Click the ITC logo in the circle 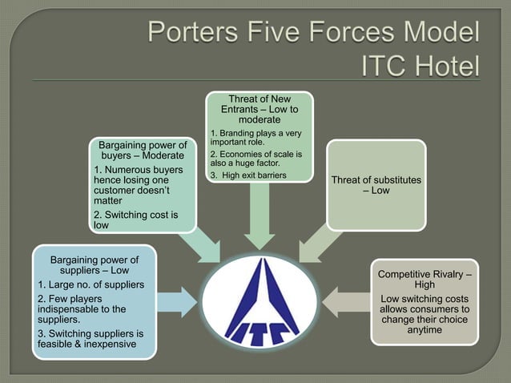point(255,303)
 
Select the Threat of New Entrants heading point(259,109)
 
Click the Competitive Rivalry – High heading point(424,280)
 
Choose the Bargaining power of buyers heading point(143,150)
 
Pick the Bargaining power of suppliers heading point(95,265)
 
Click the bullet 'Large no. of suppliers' point(91,285)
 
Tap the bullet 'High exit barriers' point(247,175)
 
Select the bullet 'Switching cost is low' point(135,220)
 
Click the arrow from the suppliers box point(177,301)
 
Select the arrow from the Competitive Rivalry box point(344,301)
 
